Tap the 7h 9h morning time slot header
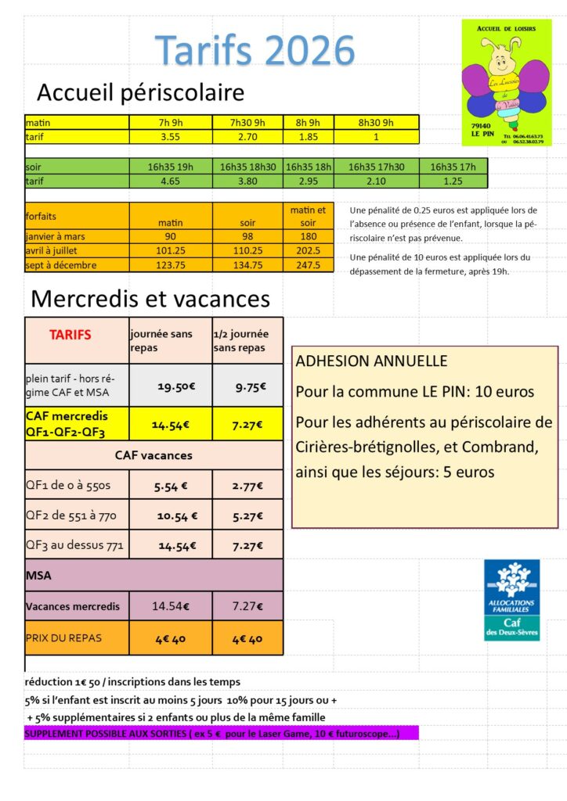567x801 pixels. (170, 123)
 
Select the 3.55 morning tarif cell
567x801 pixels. (170, 137)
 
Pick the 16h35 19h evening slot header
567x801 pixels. (170, 167)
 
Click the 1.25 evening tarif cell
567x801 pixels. (453, 181)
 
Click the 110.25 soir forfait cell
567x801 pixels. (247, 250)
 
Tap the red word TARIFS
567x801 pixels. (70, 335)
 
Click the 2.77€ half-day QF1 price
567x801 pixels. (247, 486)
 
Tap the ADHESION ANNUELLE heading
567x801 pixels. (371, 361)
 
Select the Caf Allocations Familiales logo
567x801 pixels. (511, 600)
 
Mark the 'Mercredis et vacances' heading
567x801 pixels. (150, 299)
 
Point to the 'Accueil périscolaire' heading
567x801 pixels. (141, 93)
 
